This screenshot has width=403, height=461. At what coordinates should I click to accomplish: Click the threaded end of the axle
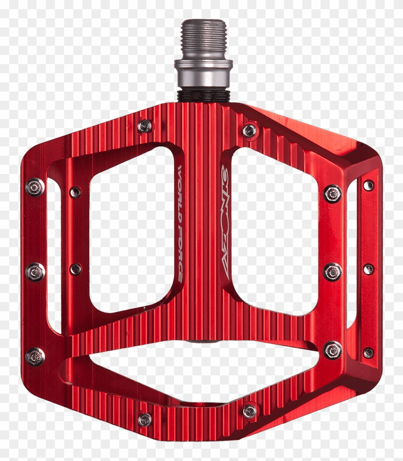(x=203, y=39)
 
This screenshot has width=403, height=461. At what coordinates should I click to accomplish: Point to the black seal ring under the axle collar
(x=203, y=95)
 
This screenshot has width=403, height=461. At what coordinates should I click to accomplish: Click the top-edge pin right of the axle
(x=250, y=131)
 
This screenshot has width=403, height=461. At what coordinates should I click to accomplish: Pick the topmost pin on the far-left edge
(x=35, y=186)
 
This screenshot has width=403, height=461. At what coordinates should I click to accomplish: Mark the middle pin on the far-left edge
(x=35, y=271)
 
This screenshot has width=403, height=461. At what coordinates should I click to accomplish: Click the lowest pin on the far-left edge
(x=35, y=357)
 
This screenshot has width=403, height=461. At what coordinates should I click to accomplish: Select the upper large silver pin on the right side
(x=332, y=193)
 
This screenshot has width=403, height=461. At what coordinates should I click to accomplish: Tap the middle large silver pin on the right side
(x=332, y=272)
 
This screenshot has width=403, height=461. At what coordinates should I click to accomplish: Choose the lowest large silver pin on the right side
(x=332, y=350)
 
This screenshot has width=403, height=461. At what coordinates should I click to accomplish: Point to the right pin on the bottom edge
(x=250, y=411)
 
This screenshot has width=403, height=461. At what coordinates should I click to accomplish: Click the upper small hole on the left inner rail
(x=76, y=192)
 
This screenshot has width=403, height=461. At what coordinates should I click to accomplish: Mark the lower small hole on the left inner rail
(x=76, y=269)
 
